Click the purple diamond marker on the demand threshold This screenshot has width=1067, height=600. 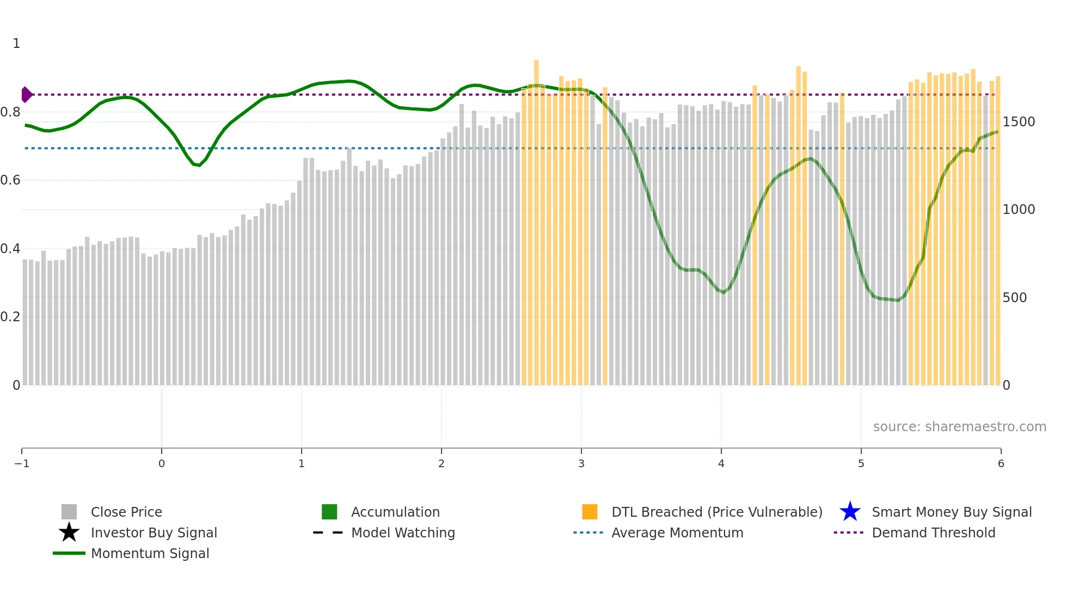coord(26,95)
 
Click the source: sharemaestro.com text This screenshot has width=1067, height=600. coord(959,427)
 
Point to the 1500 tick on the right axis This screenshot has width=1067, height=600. coord(1019,122)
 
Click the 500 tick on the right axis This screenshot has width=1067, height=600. coord(1014,298)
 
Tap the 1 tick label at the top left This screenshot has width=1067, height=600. coord(16,44)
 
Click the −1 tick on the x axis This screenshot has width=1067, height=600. coord(22,464)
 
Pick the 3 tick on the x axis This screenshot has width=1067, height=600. coord(581,464)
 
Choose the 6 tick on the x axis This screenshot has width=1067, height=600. coord(1001,464)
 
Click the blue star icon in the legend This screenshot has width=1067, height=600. coord(850,512)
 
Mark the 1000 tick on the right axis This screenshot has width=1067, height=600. coord(1019,210)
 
